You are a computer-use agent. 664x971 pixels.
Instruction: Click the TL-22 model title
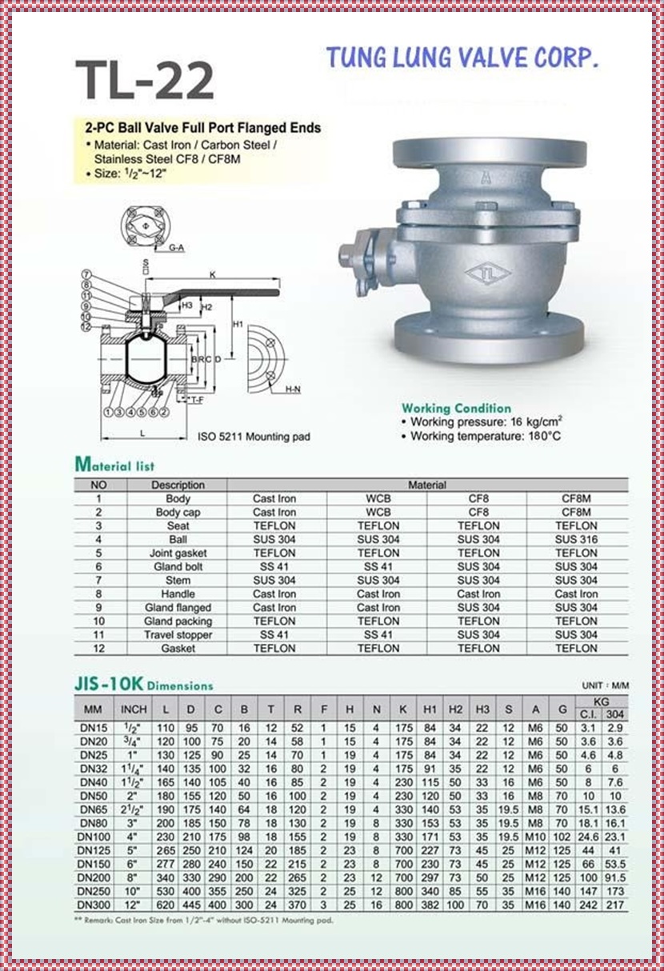145,80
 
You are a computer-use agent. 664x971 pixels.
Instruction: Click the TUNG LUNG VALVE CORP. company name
462,58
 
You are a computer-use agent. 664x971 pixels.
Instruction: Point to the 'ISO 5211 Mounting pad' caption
254,437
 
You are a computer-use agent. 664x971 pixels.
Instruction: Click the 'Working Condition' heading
456,408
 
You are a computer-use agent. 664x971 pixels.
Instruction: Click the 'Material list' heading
114,465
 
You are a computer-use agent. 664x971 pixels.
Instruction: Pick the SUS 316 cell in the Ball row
576,539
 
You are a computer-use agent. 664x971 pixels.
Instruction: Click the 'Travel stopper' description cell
178,634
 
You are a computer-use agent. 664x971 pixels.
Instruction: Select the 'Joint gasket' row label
178,553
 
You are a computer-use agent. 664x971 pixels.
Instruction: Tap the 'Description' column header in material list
178,485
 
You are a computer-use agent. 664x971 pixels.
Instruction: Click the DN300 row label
93,904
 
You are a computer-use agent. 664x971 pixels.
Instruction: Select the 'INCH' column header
134,709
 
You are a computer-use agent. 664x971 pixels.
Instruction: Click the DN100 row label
93,836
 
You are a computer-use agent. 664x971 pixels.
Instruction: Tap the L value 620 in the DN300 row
166,904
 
